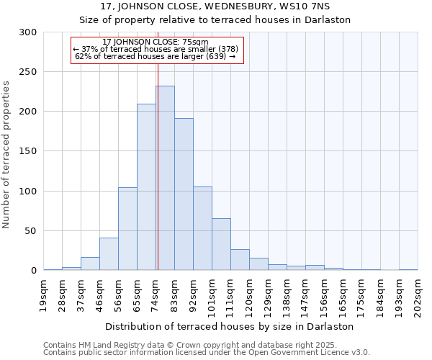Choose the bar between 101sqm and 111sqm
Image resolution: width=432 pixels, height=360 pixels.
(x=221, y=244)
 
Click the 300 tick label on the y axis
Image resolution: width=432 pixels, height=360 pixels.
(x=27, y=32)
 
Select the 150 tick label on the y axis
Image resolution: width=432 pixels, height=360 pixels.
(x=27, y=151)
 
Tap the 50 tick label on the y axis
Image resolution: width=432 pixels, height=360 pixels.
(x=30, y=231)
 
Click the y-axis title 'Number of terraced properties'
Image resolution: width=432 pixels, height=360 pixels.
(x=6, y=155)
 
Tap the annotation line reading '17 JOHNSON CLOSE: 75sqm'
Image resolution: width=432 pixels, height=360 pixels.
(x=156, y=42)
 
